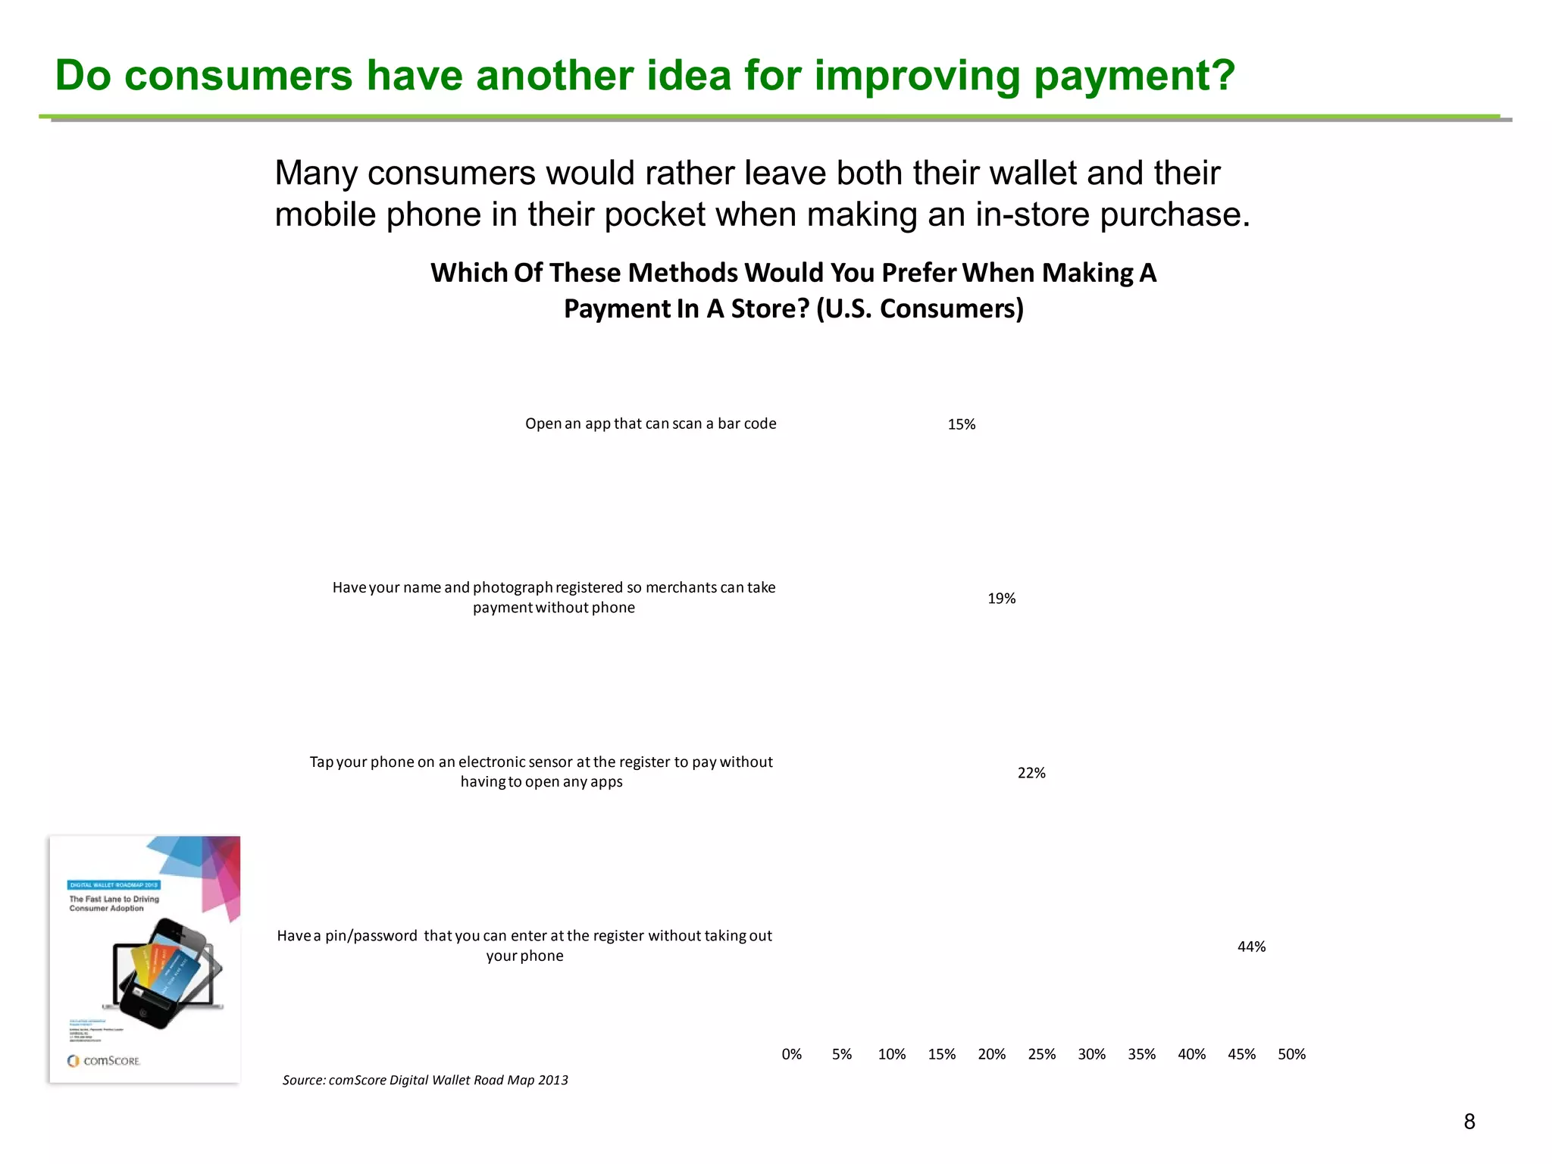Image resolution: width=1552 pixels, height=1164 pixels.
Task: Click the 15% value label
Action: (x=961, y=424)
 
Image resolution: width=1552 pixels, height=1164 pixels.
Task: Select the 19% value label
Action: (x=1001, y=599)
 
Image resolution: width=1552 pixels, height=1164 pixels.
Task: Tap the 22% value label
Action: (x=1031, y=773)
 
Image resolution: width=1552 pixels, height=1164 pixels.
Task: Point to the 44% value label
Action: (x=1251, y=947)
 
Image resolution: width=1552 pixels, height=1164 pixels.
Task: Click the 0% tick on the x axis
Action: (x=791, y=1054)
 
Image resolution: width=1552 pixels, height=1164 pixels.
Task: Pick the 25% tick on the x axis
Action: (x=1041, y=1054)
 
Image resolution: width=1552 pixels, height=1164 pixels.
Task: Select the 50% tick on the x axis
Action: (x=1291, y=1054)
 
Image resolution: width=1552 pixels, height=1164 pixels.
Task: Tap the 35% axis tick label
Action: (x=1141, y=1054)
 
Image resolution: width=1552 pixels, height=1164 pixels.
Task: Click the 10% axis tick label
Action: (x=891, y=1054)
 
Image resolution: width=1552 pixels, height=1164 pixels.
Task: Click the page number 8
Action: (x=1469, y=1122)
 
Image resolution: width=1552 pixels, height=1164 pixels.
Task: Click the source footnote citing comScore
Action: (x=425, y=1080)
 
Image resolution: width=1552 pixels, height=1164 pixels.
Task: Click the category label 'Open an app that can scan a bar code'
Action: (x=650, y=424)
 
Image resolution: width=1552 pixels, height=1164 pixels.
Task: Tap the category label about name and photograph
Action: (x=554, y=597)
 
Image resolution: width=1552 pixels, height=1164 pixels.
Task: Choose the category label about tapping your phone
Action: (x=541, y=771)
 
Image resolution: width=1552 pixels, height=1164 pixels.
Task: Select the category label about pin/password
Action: (x=524, y=945)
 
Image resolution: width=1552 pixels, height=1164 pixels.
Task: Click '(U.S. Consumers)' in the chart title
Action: (x=919, y=308)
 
